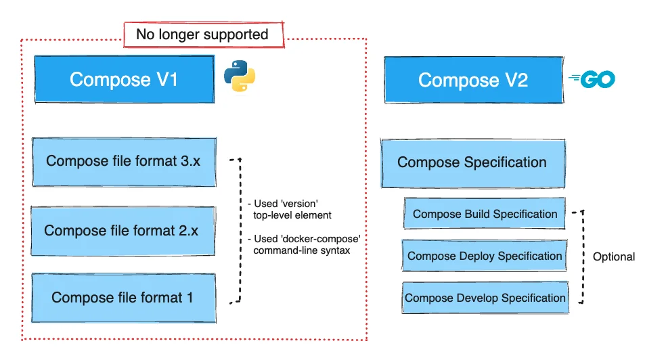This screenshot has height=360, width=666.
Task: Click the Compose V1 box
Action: (x=124, y=80)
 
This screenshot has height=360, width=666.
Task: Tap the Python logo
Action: (x=242, y=76)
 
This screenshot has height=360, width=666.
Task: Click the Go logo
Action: (x=593, y=80)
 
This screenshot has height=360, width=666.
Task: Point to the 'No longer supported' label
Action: (x=202, y=35)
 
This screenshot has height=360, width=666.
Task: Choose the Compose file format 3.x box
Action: (x=124, y=162)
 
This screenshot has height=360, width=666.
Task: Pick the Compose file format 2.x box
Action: (x=122, y=231)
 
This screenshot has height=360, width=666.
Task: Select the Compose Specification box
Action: (x=472, y=163)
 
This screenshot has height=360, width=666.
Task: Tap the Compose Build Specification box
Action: (x=485, y=215)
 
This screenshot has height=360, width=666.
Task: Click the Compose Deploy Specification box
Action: (x=485, y=256)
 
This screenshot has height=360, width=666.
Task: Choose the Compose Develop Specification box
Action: (x=485, y=298)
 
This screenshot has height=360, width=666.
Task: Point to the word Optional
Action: (x=613, y=257)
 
